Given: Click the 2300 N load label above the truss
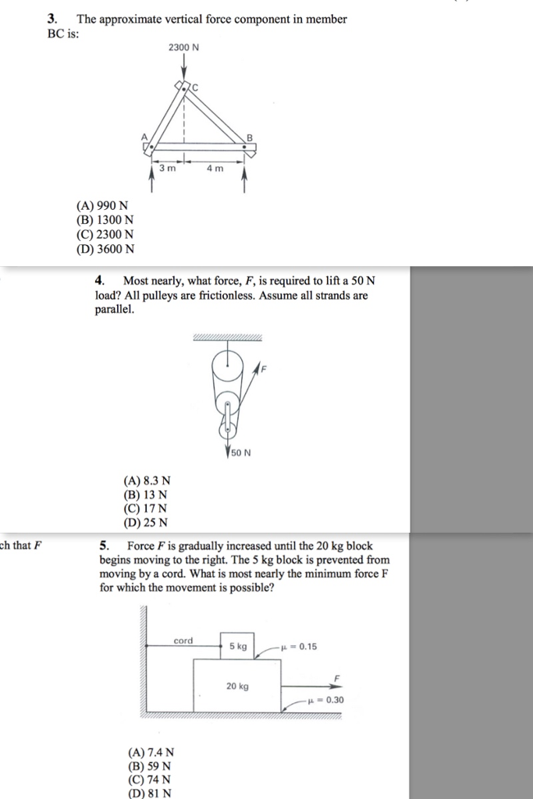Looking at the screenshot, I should tap(183, 47).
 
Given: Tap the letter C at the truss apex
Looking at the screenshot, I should tap(196, 89).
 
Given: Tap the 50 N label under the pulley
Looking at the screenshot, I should tap(240, 452).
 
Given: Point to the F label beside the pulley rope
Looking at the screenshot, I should tap(263, 371).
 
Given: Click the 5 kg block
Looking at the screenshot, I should tap(237, 646).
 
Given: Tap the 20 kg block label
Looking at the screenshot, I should tap(237, 686).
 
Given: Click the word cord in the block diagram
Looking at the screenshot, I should tap(183, 641).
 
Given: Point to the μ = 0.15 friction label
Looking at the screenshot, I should tap(303, 646).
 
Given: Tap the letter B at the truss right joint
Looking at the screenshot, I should tap(250, 137).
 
